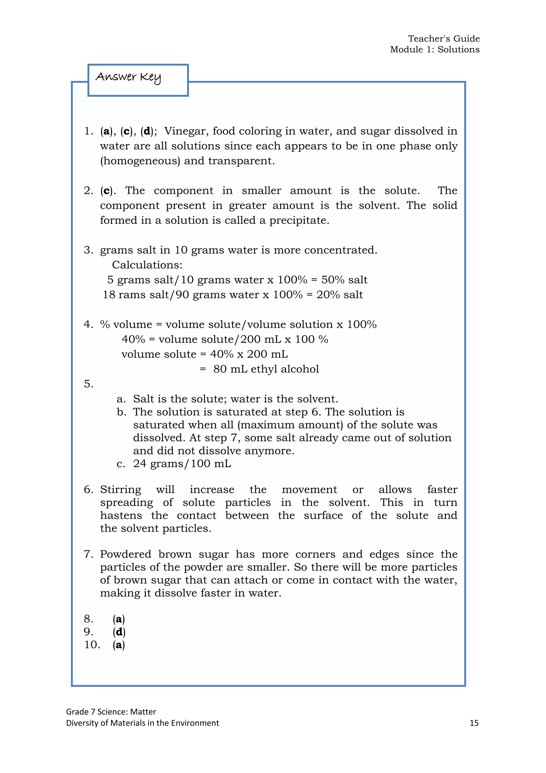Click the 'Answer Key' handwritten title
click(x=129, y=77)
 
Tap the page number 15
click(x=474, y=723)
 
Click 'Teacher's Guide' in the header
click(x=444, y=39)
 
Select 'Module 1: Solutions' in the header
click(x=435, y=49)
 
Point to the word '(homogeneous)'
click(x=140, y=161)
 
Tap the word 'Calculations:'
click(x=147, y=265)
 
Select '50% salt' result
click(x=344, y=280)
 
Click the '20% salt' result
click(x=340, y=295)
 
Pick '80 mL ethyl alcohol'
click(x=266, y=369)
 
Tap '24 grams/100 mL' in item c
click(x=182, y=464)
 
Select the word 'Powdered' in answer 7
click(x=125, y=554)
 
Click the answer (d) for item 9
click(x=119, y=632)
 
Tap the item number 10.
click(x=92, y=645)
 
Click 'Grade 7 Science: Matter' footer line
click(x=111, y=711)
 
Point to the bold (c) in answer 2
click(x=106, y=191)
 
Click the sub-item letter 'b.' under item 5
click(x=121, y=412)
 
